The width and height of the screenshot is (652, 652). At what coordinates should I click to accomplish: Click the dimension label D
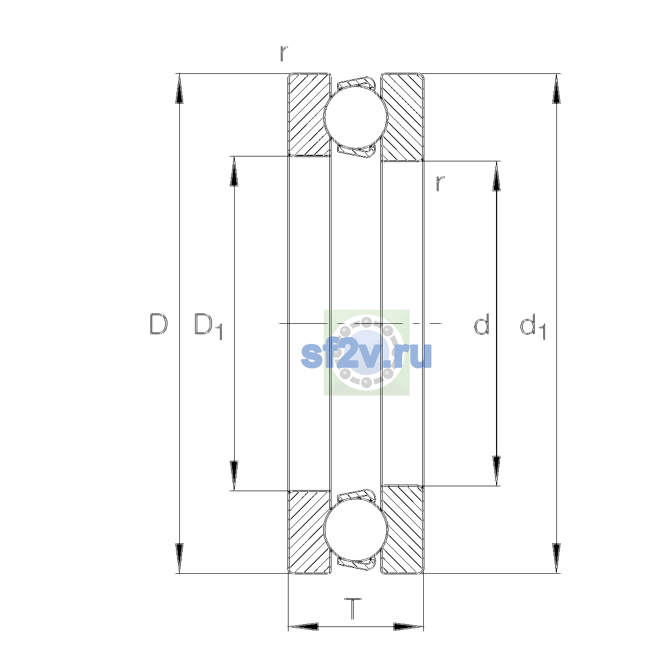coord(158,324)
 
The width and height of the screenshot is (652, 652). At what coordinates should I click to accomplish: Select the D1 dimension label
coord(208,326)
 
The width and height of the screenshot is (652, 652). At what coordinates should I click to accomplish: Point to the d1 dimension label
coord(532,326)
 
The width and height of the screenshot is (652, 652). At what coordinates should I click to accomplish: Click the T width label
coord(353,609)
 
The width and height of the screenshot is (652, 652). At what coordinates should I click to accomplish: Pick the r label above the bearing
coord(284,53)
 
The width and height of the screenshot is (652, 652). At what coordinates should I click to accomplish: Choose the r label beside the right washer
coord(440,184)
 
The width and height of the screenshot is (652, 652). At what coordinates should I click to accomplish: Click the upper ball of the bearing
coord(355,117)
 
